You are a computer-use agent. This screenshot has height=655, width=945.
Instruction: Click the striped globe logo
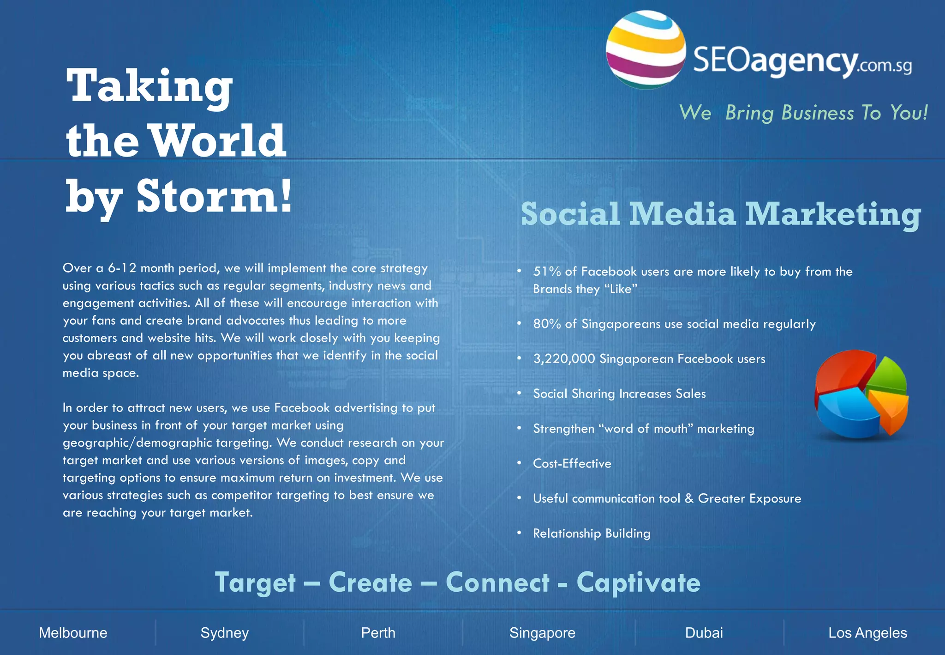click(645, 50)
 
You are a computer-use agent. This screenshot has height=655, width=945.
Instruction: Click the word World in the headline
click(218, 140)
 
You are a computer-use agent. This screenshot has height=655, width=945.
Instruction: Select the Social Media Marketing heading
click(720, 214)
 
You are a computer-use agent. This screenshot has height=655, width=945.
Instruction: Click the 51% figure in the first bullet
click(547, 272)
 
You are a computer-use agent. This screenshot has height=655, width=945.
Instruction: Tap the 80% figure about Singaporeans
click(547, 324)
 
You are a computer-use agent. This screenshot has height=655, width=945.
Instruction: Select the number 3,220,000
click(564, 359)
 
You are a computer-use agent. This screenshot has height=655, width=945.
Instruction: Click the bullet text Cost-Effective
click(572, 463)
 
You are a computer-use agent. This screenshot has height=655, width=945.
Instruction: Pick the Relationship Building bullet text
click(592, 534)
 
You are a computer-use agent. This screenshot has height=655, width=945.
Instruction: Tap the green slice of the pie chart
click(889, 376)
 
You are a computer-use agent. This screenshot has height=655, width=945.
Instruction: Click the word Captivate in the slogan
click(638, 582)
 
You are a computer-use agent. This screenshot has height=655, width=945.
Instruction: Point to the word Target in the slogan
click(255, 582)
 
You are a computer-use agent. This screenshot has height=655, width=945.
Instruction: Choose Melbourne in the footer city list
click(73, 633)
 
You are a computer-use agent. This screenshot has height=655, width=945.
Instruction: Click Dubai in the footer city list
click(704, 633)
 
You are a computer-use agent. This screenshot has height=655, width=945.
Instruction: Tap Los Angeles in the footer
click(867, 633)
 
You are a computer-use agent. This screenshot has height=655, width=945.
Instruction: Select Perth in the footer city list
click(378, 633)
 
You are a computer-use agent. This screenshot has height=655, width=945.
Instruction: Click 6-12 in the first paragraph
click(122, 268)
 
